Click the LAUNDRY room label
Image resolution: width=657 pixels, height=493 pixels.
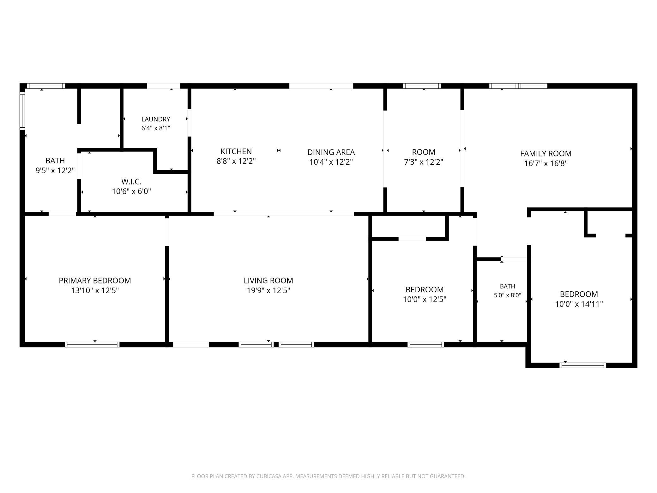click(156, 119)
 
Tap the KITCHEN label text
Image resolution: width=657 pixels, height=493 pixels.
click(236, 151)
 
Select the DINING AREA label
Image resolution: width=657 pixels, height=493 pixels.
click(331, 152)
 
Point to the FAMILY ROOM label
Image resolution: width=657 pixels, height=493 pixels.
click(546, 154)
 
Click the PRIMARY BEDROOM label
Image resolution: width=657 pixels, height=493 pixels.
click(95, 281)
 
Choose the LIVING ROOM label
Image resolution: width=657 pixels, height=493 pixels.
click(268, 281)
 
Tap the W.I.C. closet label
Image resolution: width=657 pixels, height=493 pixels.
click(131, 182)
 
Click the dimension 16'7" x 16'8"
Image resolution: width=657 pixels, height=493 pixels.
click(546, 163)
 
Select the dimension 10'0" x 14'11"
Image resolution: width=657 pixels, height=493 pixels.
click(579, 304)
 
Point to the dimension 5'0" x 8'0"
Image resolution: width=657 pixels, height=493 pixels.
click(508, 295)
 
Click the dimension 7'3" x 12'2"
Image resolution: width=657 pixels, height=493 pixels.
click(424, 162)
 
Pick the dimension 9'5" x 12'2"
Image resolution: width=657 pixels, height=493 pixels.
click(55, 171)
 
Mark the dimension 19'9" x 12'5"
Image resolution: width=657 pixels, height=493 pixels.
click(268, 290)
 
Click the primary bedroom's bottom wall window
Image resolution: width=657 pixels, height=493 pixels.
click(92, 344)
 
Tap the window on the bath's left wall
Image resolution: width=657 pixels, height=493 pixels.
click(22, 111)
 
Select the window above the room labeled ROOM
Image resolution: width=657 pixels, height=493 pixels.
click(422, 86)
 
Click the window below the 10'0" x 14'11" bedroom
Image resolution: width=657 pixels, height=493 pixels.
click(583, 365)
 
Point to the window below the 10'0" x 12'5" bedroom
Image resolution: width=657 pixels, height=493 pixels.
click(426, 344)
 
